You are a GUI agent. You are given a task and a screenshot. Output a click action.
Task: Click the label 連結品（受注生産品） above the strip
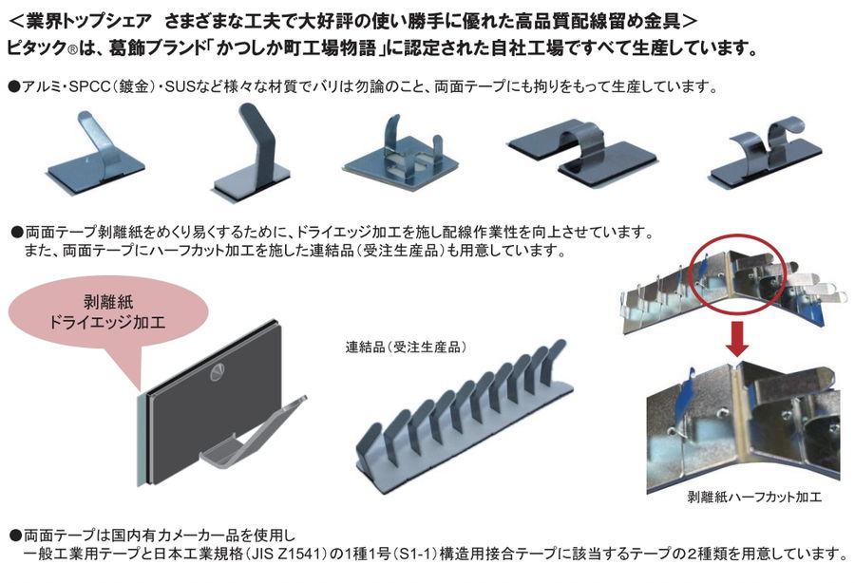(x=410, y=347)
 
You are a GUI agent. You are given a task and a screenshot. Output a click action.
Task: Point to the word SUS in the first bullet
(x=181, y=86)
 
